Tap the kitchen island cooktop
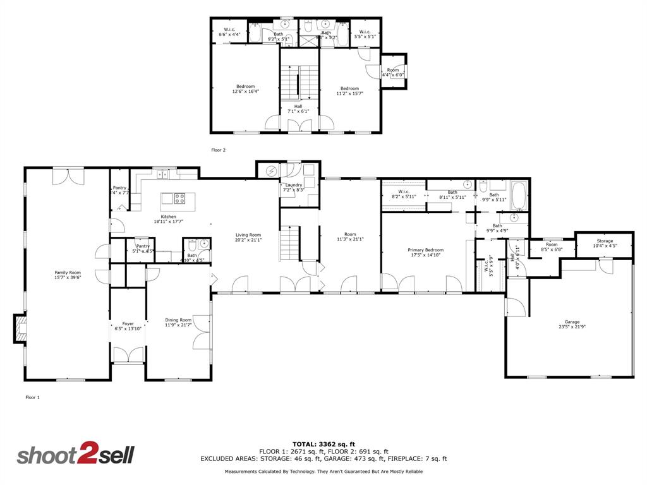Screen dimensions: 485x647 (179, 199)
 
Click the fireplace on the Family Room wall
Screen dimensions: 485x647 (20, 329)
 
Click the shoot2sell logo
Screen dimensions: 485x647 (75, 455)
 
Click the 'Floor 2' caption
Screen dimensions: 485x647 (218, 150)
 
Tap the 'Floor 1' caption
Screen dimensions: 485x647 (32, 397)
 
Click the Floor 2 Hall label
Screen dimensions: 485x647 (298, 109)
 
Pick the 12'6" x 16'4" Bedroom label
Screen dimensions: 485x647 (245, 88)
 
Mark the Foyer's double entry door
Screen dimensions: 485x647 (128, 356)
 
